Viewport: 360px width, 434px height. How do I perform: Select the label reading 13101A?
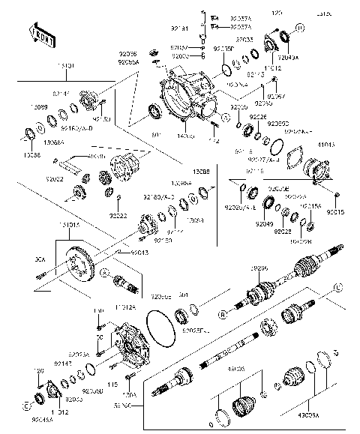69,225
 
